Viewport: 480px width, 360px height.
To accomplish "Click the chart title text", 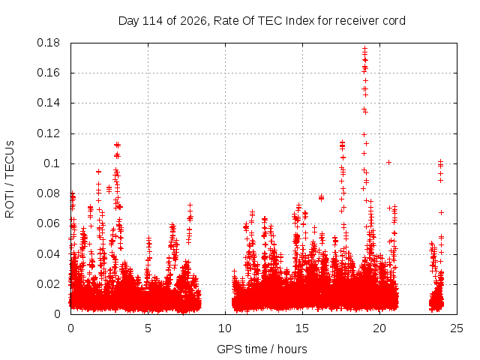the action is (x=262, y=21).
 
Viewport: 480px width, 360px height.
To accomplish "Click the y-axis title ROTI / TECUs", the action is (x=10, y=179).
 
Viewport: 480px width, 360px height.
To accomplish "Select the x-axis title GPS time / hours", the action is (x=262, y=349).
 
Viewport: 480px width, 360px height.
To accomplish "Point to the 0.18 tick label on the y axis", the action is (x=48, y=43).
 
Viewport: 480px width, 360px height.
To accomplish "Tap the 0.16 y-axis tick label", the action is (x=48, y=73).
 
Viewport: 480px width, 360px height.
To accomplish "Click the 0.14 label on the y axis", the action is (x=48, y=103).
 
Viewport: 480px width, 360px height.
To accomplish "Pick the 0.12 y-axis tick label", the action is (x=48, y=133).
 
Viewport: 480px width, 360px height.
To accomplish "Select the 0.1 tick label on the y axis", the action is (x=52, y=163).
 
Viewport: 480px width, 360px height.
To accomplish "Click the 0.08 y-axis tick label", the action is (x=48, y=193).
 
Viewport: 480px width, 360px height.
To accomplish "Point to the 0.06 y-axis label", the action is (x=48, y=223).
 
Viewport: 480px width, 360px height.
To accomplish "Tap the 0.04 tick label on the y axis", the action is (x=48, y=254).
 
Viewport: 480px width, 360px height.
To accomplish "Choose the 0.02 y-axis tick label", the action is (x=48, y=284).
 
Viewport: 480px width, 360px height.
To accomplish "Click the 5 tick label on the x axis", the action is (x=148, y=328).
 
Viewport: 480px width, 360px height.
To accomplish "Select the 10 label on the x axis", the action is (x=225, y=328).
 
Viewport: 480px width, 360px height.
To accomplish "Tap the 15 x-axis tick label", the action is (x=302, y=328).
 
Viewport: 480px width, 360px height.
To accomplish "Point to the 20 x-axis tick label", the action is (x=379, y=328).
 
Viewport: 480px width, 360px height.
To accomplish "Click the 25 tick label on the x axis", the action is (x=457, y=328).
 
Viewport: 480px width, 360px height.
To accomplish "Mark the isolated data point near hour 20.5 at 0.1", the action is (x=388, y=162).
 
